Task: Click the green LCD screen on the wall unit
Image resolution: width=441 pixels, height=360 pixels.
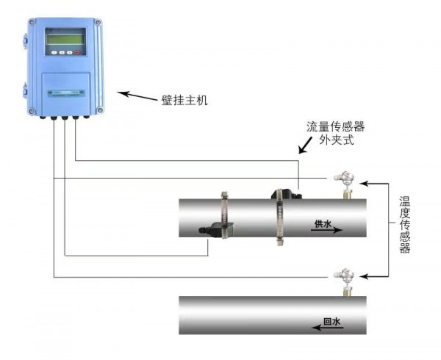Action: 65,39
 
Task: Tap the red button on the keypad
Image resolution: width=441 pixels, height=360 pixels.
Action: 77,52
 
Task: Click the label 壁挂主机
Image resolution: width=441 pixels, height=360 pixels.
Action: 184,101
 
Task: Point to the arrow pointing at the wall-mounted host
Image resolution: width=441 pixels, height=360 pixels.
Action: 137,96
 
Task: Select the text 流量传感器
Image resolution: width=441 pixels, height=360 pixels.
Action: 336,126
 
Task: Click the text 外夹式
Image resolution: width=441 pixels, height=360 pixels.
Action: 336,140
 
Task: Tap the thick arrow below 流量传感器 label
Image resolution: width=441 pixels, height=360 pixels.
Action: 306,145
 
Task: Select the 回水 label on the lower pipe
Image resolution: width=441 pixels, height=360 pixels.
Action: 332,322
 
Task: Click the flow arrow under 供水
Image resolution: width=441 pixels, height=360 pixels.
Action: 326,230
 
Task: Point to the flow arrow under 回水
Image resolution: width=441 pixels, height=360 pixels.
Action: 328,328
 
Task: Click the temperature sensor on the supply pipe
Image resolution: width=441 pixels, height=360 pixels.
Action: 345,184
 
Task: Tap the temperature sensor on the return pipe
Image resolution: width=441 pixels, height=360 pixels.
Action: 345,282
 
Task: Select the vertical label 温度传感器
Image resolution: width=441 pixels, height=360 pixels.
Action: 405,225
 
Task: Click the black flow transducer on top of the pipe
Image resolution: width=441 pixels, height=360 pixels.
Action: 286,195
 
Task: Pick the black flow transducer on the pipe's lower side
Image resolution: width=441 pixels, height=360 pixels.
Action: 216,230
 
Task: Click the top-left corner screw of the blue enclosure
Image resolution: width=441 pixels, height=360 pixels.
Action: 32,21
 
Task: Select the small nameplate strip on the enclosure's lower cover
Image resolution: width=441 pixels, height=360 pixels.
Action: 66,93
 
